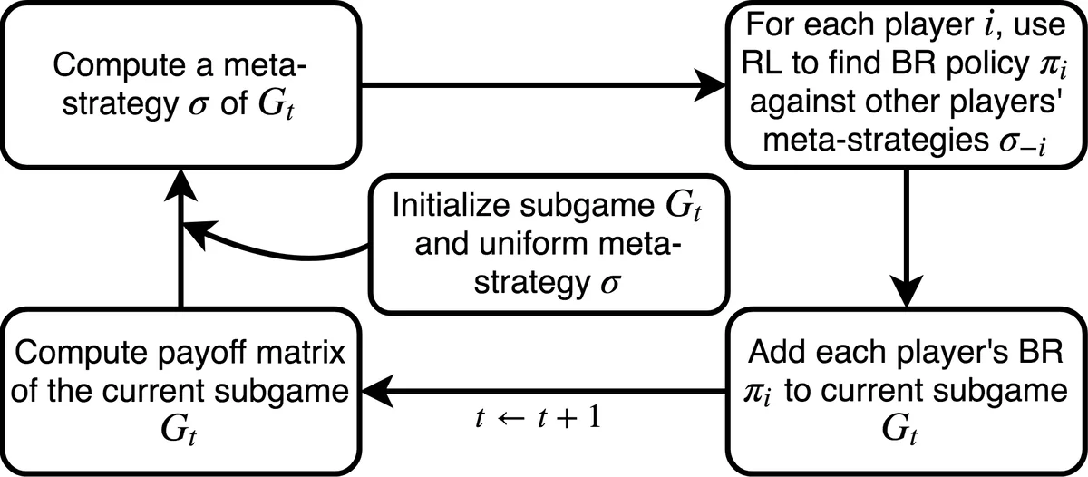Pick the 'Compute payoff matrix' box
tap(181, 390)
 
